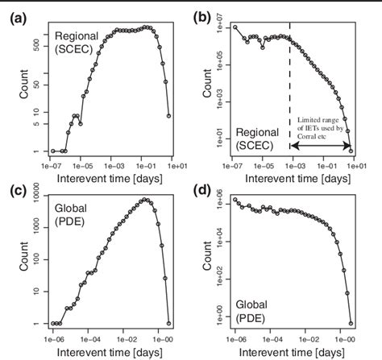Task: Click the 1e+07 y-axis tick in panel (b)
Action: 215,27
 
